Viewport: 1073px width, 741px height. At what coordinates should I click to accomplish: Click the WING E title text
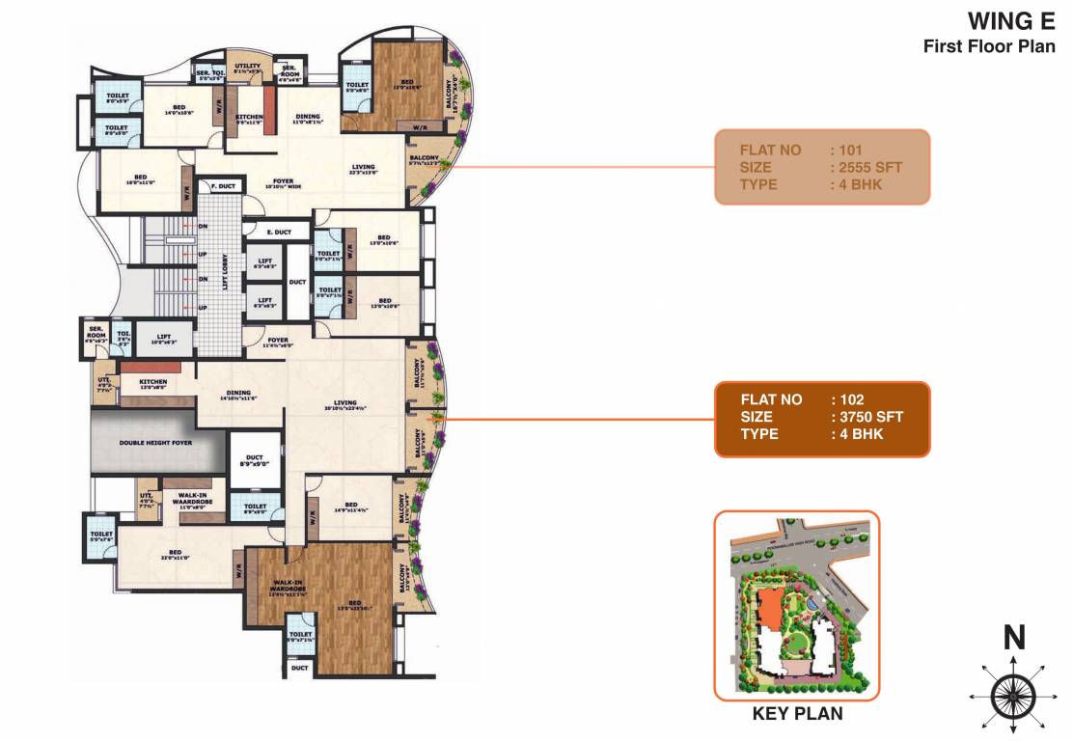click(x=1011, y=21)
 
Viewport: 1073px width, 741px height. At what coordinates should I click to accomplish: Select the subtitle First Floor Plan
click(x=989, y=45)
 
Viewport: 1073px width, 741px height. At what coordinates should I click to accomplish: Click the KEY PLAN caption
click(x=797, y=714)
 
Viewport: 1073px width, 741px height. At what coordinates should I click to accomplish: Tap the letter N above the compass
click(x=1013, y=638)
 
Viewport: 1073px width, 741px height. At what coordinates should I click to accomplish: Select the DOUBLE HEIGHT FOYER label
click(x=156, y=442)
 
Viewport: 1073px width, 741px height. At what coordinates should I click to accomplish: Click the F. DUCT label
click(x=219, y=186)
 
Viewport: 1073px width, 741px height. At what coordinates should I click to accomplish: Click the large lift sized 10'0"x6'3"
click(x=161, y=339)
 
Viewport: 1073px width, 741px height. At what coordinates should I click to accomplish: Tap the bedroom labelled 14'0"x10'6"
click(x=179, y=110)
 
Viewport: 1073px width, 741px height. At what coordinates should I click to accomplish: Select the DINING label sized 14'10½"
click(x=238, y=395)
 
